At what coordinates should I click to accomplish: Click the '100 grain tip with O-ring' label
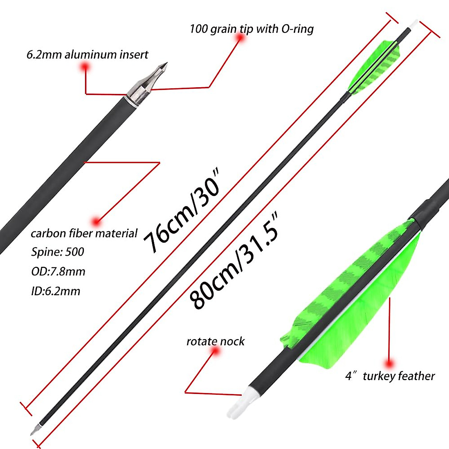[251, 29]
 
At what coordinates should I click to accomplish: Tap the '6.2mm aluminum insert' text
[87, 55]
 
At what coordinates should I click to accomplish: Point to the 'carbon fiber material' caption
[84, 233]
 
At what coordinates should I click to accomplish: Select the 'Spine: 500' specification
[58, 252]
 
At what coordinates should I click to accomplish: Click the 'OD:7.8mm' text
[58, 271]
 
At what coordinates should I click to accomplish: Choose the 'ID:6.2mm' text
[55, 291]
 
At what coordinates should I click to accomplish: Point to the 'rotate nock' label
[215, 341]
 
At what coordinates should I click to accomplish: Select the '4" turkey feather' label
[390, 376]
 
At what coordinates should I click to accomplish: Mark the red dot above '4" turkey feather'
[389, 363]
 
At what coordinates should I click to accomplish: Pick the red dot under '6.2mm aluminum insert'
[86, 67]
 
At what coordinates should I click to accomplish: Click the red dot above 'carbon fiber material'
[97, 222]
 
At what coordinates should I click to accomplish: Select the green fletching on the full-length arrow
[374, 67]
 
